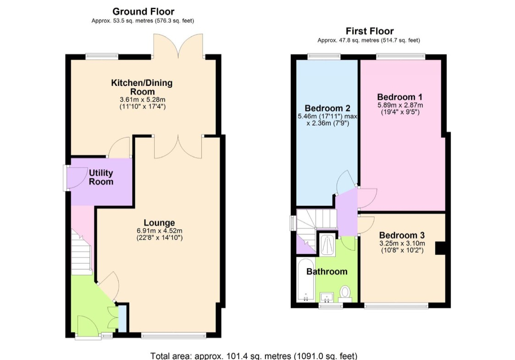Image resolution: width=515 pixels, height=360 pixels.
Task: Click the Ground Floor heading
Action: click(143, 11)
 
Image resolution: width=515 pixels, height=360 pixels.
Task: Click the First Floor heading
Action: click(370, 31)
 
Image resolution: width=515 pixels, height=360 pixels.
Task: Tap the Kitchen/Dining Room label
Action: click(142, 87)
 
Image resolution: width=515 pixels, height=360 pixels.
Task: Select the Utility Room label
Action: click(101, 177)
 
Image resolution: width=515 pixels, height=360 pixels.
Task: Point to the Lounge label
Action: click(159, 223)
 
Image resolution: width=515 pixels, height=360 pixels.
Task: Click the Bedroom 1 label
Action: click(400, 97)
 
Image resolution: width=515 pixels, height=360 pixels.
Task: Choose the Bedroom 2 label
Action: click(327, 108)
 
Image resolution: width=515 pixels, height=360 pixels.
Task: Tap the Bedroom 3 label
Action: click(402, 235)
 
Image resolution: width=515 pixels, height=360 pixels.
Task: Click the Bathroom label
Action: click(327, 271)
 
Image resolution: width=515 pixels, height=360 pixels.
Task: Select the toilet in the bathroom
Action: click(345, 294)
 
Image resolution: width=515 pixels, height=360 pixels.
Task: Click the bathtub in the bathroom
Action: click(306, 280)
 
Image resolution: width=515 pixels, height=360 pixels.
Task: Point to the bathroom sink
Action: click(327, 298)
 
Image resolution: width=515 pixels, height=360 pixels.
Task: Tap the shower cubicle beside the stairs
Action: click(327, 244)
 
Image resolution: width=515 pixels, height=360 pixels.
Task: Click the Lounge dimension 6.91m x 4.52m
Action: click(159, 231)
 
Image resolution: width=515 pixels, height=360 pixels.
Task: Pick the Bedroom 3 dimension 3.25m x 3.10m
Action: click(402, 244)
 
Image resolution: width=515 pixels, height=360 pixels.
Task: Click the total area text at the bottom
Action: click(254, 356)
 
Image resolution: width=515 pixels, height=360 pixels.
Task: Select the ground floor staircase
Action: click(81, 252)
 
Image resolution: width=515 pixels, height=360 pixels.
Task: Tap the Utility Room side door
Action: click(71, 177)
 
